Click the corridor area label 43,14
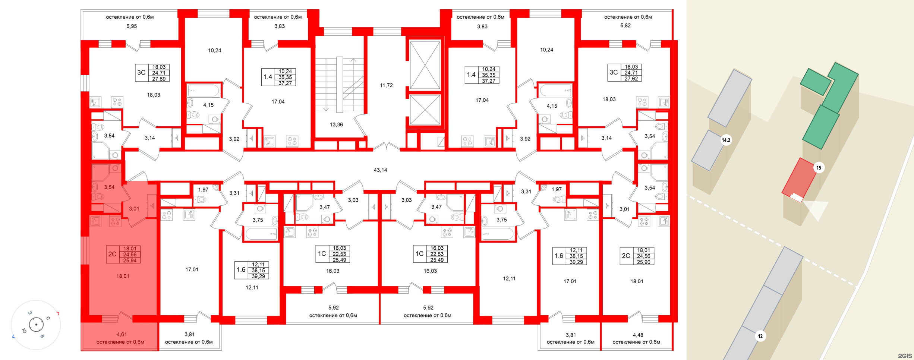click(380, 170)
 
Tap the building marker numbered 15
click(819, 168)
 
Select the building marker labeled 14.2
click(726, 140)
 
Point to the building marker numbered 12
click(760, 336)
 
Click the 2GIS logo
click(905, 356)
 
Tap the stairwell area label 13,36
click(336, 124)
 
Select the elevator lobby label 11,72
click(386, 85)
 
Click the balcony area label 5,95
click(132, 26)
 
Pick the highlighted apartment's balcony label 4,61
click(122, 334)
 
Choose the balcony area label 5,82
click(625, 25)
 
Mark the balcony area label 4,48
click(638, 335)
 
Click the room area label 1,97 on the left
click(203, 190)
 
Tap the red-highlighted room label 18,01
click(123, 276)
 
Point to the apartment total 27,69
click(159, 79)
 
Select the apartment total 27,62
click(631, 79)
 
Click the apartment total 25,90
click(643, 262)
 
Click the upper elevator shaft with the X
click(425, 65)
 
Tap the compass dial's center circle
click(36, 325)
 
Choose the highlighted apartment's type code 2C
click(112, 254)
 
